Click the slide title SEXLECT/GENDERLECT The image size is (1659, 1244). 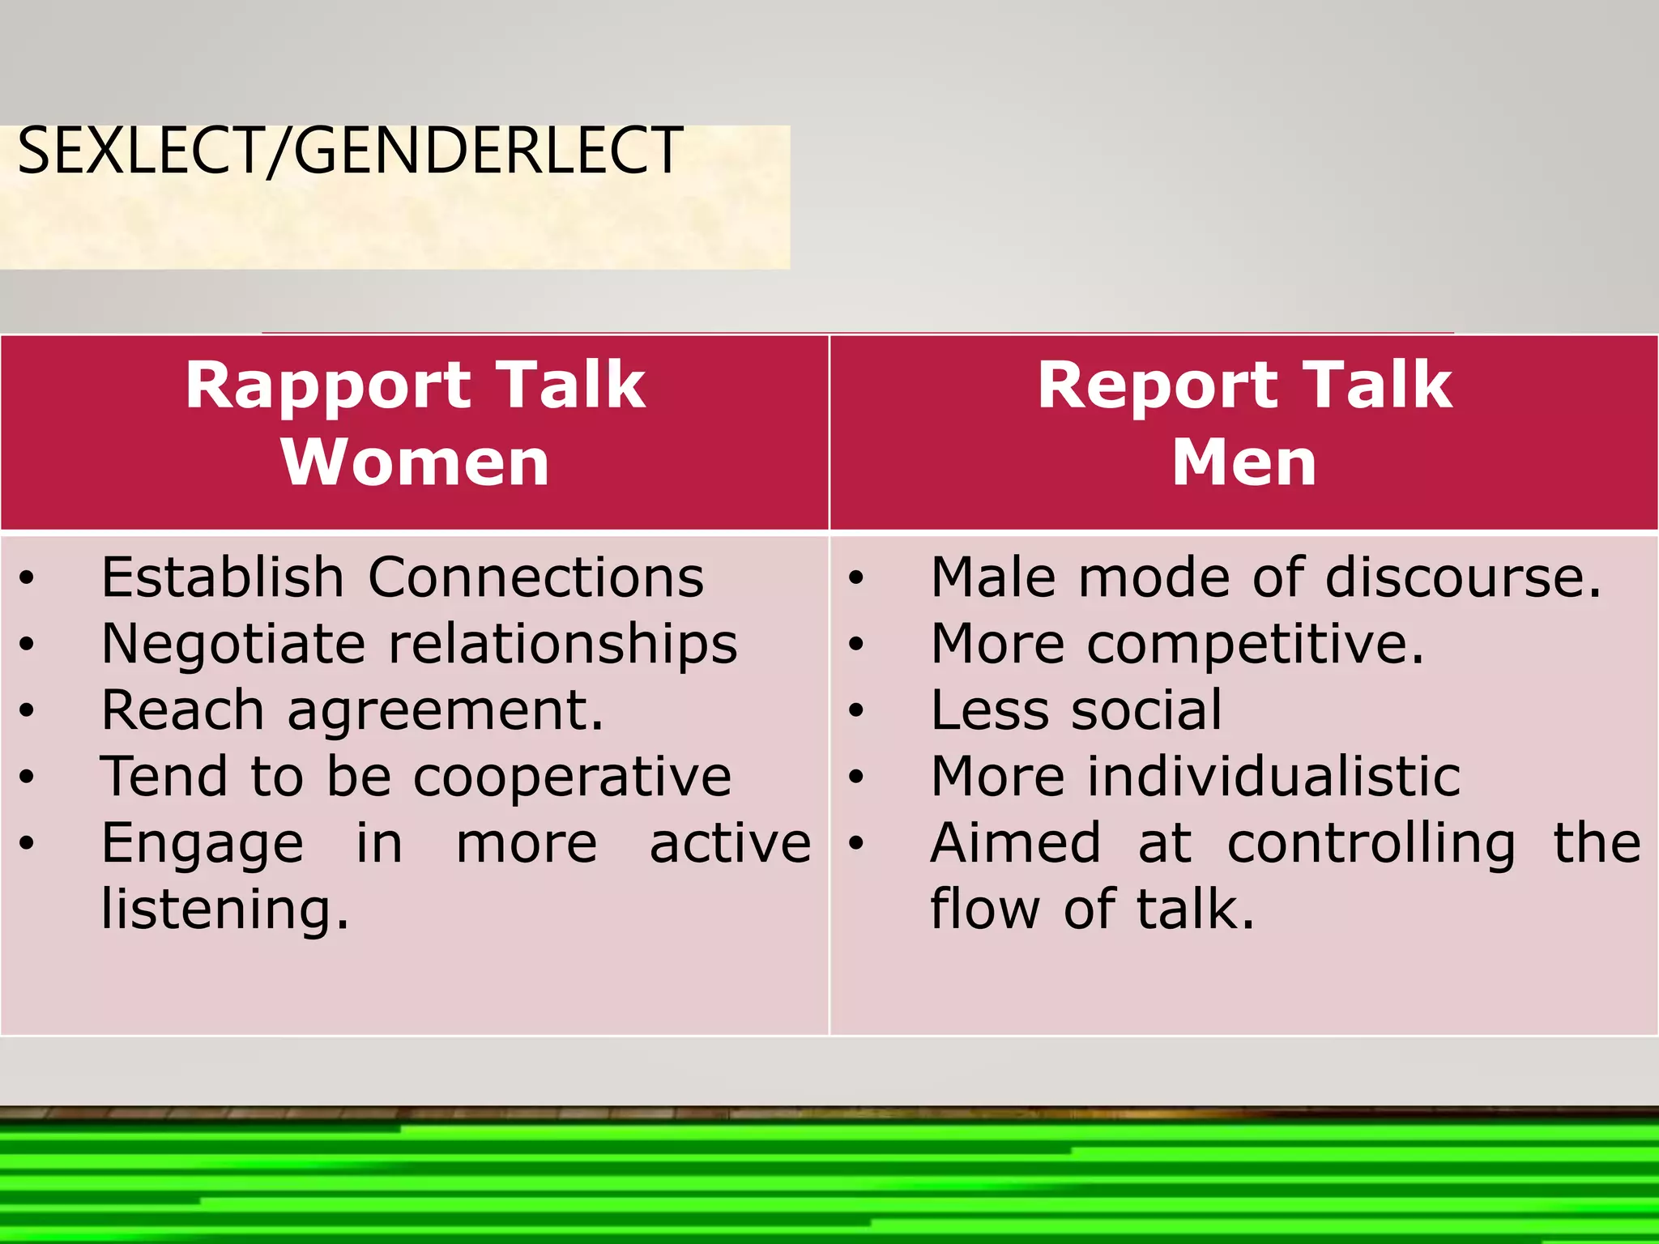pyautogui.click(x=349, y=151)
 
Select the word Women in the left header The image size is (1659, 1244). pyautogui.click(x=415, y=462)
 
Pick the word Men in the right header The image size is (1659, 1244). pyautogui.click(x=1244, y=462)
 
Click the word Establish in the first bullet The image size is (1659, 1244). pyautogui.click(x=223, y=577)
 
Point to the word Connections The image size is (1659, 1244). pyautogui.click(x=535, y=577)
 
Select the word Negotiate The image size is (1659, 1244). pyautogui.click(x=233, y=644)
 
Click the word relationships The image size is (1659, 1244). pyautogui.click(x=563, y=645)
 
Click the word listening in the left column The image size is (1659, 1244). pyautogui.click(x=224, y=910)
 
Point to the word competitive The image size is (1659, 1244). pyautogui.click(x=1255, y=645)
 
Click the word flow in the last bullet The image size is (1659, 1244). pyautogui.click(x=984, y=909)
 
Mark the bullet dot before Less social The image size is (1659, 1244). pyautogui.click(x=856, y=712)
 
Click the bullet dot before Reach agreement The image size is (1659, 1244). pyautogui.click(x=27, y=712)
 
